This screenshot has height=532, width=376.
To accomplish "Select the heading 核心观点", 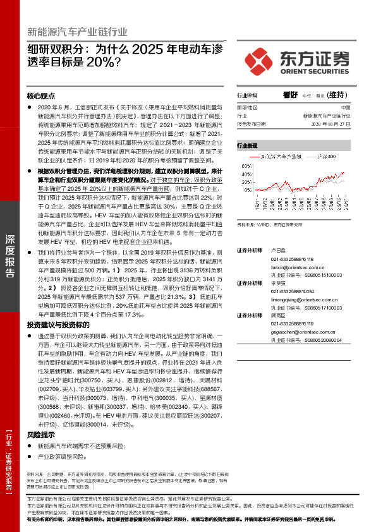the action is tap(41, 96).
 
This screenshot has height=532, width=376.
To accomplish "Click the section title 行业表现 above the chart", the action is tap(247, 145).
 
